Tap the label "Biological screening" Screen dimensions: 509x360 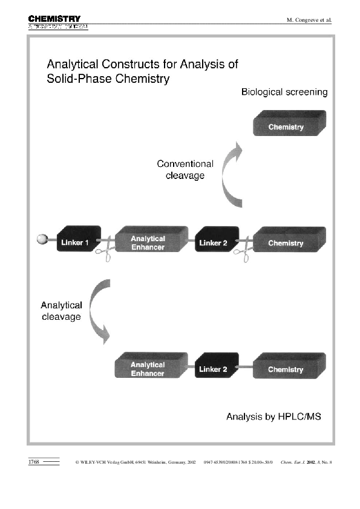[284, 92]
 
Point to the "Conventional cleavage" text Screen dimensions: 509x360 [185, 169]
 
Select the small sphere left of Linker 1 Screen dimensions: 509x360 [42, 239]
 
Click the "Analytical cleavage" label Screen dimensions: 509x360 [61, 311]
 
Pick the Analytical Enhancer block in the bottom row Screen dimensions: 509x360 [148, 368]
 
